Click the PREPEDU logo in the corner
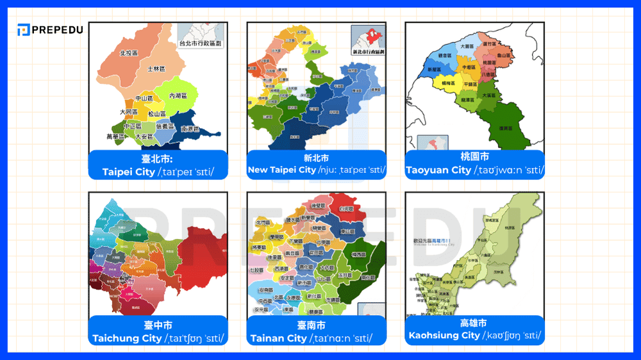[50, 29]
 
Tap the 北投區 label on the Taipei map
[129, 53]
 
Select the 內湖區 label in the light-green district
[178, 95]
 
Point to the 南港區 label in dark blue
[190, 129]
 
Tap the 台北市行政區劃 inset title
[201, 44]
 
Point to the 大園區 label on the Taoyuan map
[467, 47]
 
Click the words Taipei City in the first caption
[128, 172]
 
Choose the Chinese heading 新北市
[316, 158]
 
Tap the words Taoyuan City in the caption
[438, 170]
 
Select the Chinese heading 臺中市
[158, 325]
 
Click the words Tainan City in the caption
[279, 338]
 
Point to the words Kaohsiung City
[444, 335]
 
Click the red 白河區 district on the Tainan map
[346, 209]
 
